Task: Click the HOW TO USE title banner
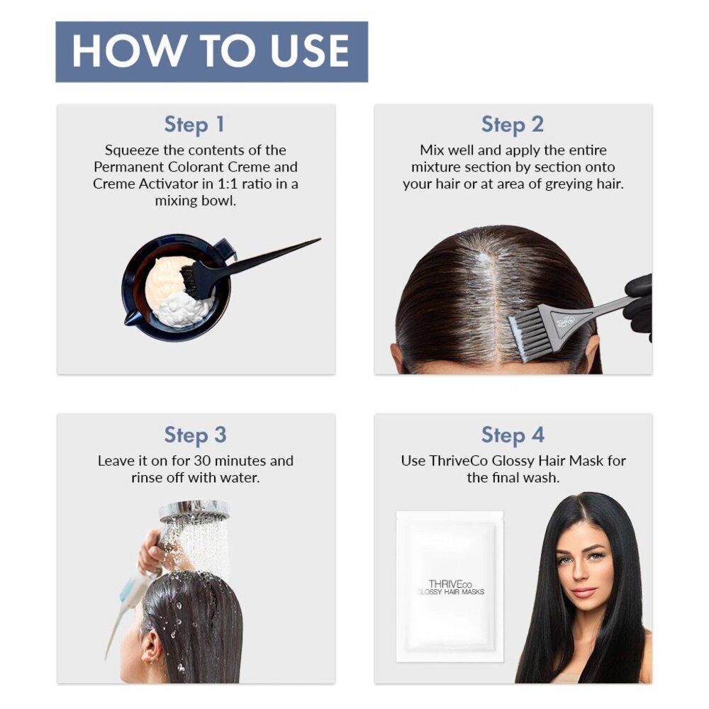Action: click(211, 51)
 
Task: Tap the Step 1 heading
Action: click(194, 124)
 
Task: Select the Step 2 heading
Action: click(512, 124)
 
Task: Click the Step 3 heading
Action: click(194, 434)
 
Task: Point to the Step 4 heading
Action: click(512, 434)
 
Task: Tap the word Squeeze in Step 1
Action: click(131, 150)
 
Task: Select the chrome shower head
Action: click(194, 509)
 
